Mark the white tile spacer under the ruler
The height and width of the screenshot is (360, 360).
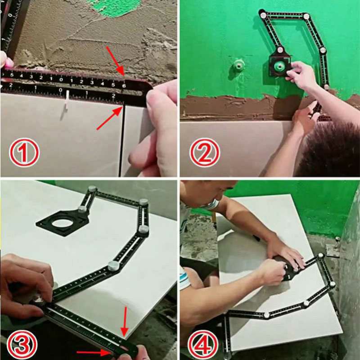pyautogui.click(x=66, y=101)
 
